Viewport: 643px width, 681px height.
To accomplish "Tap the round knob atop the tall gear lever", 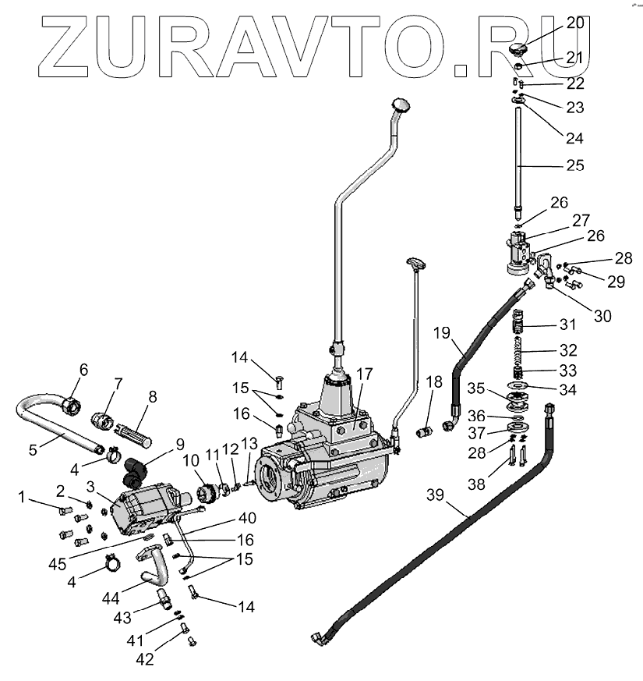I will click(x=401, y=104).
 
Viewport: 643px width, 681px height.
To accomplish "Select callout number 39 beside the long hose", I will click(x=436, y=495).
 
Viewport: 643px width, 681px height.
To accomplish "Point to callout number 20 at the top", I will click(x=575, y=23).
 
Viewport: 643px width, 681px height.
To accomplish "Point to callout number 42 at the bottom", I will click(x=146, y=659).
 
